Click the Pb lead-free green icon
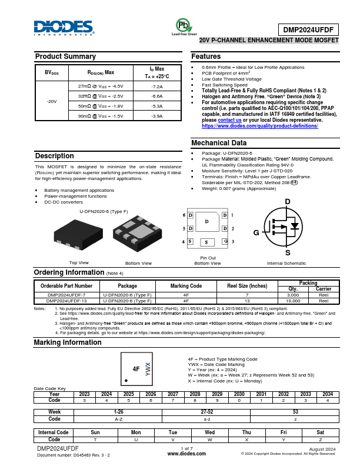(184, 25)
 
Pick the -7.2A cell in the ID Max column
(156, 86)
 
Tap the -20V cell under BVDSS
(52, 101)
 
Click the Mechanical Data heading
(219, 143)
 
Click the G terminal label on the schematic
(256, 233)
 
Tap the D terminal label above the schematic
(287, 202)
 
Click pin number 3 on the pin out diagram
(232, 241)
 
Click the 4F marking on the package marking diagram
(136, 369)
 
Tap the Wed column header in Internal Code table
(209, 432)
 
